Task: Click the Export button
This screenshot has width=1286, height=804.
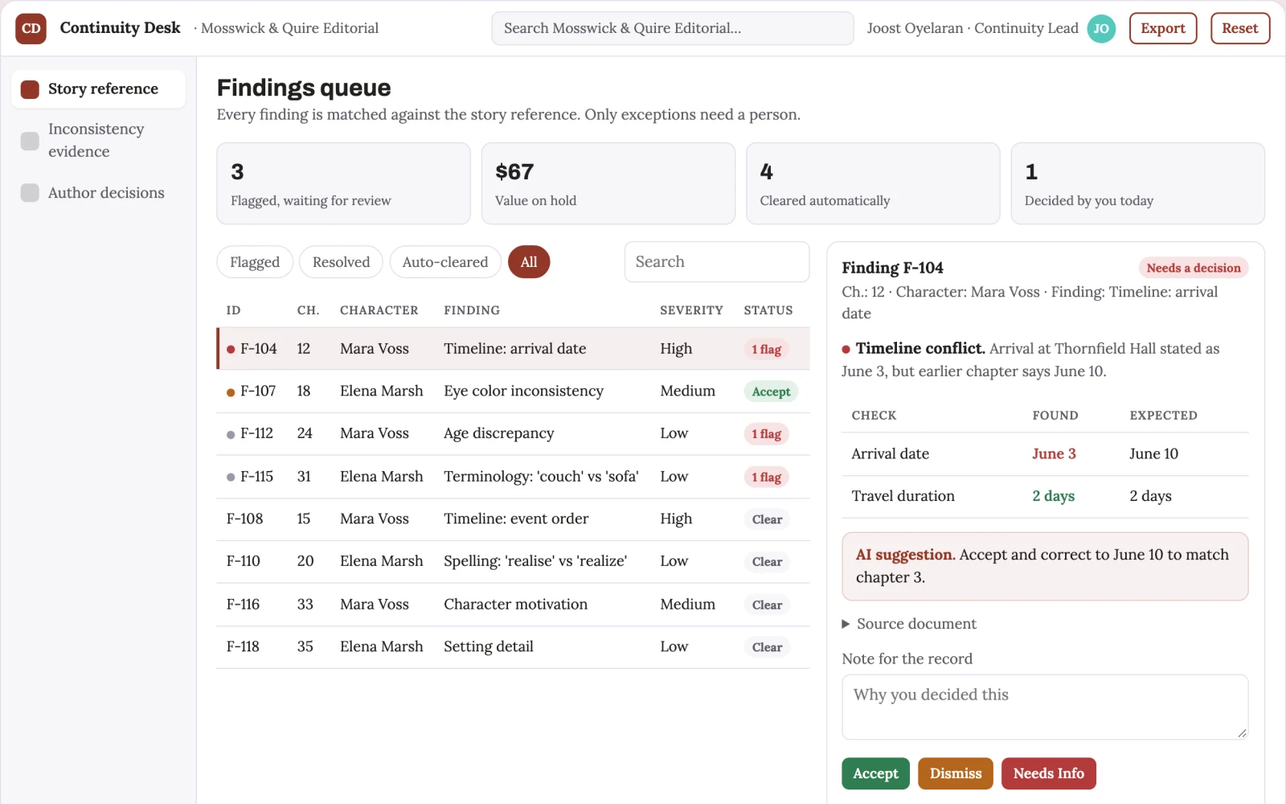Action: tap(1162, 28)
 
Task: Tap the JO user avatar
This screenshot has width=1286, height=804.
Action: tap(1100, 28)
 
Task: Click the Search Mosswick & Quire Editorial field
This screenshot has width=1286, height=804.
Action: tap(672, 28)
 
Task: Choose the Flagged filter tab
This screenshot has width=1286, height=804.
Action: tap(254, 262)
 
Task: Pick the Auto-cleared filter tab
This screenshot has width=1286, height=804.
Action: tap(445, 262)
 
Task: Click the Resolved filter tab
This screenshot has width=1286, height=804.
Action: tap(341, 262)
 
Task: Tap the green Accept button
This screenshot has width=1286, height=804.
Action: tap(875, 773)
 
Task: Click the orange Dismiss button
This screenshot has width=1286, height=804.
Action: tap(956, 773)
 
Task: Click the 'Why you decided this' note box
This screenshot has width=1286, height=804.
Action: tap(1045, 707)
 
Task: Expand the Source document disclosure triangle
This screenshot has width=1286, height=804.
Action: tap(846, 624)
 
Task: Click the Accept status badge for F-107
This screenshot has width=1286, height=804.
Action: tap(771, 392)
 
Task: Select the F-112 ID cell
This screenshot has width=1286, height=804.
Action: tap(256, 433)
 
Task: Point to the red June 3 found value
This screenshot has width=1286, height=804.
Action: tap(1054, 453)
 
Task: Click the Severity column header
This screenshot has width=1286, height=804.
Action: tap(691, 310)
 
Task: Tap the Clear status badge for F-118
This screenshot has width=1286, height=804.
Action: tap(767, 647)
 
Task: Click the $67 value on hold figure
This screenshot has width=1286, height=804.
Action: tap(514, 172)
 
